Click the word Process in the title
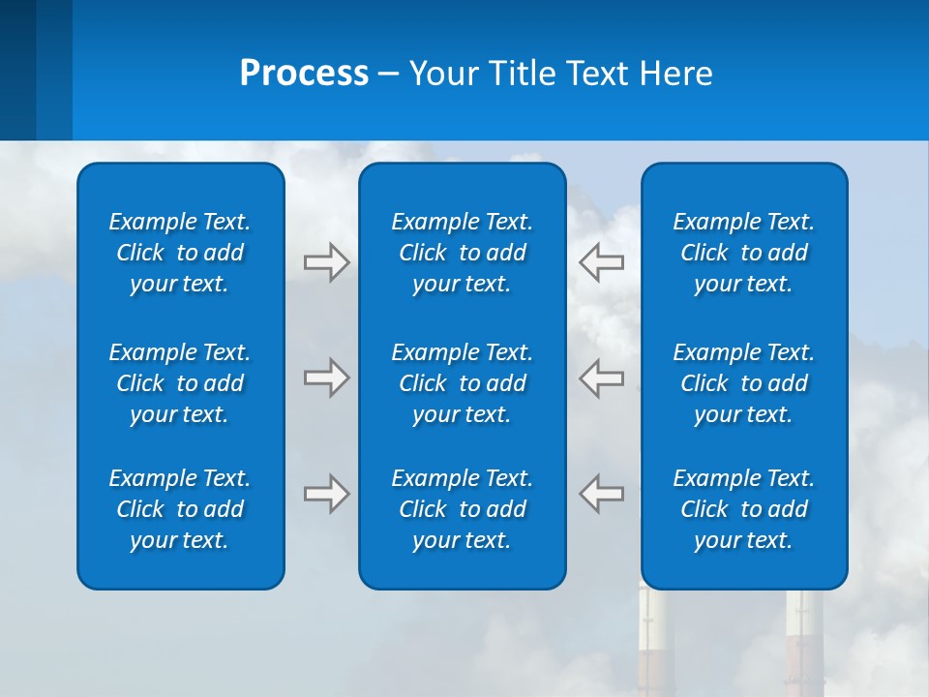304,74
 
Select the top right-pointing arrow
326,261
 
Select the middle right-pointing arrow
326,378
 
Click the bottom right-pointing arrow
326,494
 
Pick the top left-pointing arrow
602,261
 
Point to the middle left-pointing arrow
602,378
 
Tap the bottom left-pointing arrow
602,494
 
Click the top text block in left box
180,253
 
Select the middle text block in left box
180,383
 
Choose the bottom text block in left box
180,509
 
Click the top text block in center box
463,253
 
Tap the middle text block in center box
463,383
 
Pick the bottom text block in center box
463,509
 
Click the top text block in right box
744,253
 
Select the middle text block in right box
744,383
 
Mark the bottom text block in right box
744,509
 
